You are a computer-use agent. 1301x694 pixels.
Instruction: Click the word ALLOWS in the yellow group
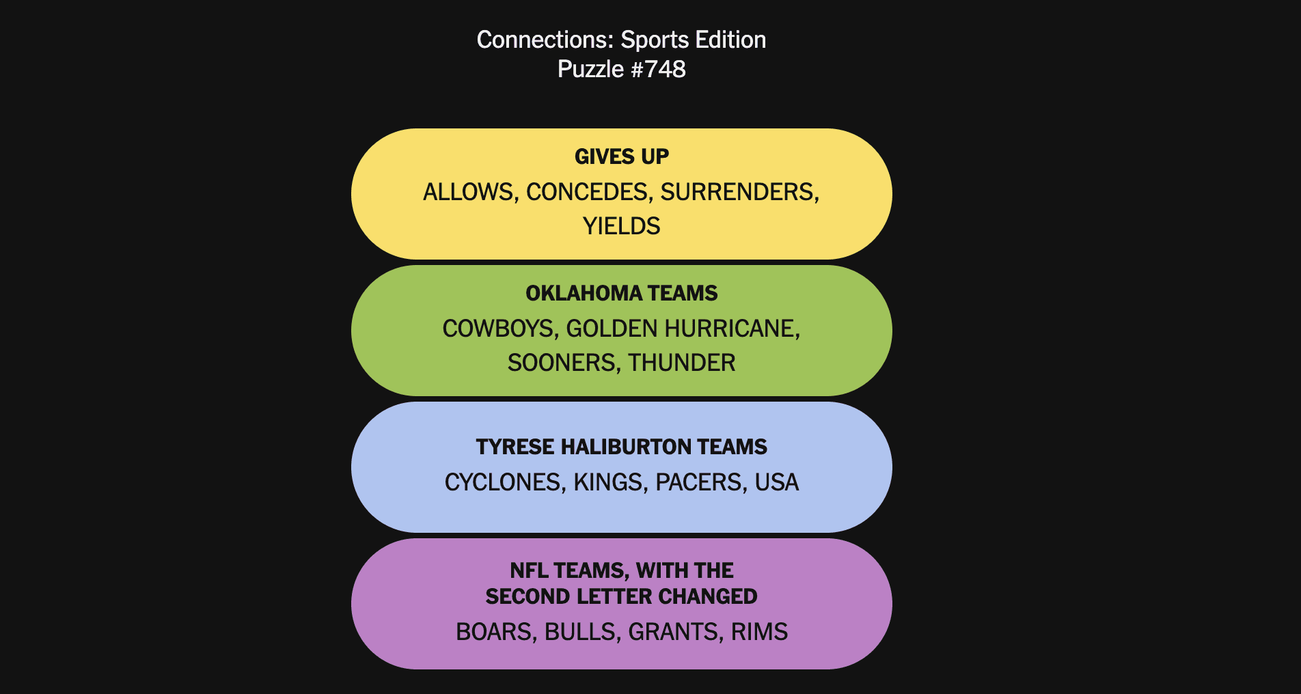tap(469, 192)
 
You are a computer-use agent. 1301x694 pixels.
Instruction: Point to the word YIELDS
tap(622, 226)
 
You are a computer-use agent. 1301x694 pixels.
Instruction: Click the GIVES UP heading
tap(622, 156)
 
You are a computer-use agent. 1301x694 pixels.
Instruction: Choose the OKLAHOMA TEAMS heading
tap(622, 293)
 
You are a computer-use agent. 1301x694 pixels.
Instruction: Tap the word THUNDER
tap(682, 363)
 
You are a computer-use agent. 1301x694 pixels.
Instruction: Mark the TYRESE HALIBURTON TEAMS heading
tap(622, 447)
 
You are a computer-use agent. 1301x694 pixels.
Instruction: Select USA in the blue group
tap(777, 482)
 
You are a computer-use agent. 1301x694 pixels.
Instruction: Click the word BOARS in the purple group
tap(496, 632)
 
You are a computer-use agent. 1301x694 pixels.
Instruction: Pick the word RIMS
tap(759, 632)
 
